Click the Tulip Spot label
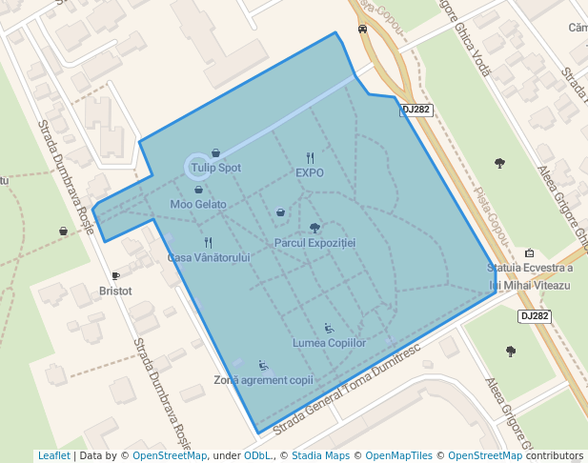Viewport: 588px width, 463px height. click(x=215, y=168)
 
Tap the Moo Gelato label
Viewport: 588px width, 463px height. click(x=198, y=204)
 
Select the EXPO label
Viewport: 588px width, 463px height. click(x=310, y=173)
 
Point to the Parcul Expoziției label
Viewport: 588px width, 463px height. click(x=314, y=243)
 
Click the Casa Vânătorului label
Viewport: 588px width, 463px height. click(x=209, y=258)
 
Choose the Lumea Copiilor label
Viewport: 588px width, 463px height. click(x=330, y=342)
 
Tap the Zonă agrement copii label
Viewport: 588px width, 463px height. click(x=263, y=380)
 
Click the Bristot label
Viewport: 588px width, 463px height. click(x=115, y=291)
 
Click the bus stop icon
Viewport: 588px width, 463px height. click(x=362, y=29)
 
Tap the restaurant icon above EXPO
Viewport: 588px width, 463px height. click(x=310, y=157)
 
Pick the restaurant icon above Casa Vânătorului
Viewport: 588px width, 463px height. click(x=209, y=242)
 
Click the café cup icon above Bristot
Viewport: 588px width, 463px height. click(x=115, y=275)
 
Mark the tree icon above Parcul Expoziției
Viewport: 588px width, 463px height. click(x=314, y=228)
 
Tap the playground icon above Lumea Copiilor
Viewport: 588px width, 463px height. click(x=330, y=327)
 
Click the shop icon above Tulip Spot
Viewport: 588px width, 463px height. click(x=215, y=152)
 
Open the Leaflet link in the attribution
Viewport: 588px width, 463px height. click(x=53, y=455)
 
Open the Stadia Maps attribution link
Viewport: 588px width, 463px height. click(x=320, y=455)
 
